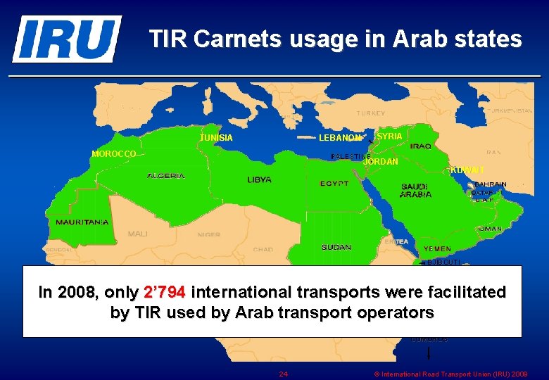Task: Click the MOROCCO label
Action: pos(114,154)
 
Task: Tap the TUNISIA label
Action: pos(216,138)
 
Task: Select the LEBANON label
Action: pos(340,138)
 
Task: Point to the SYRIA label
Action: pos(390,136)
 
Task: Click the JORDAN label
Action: pos(381,162)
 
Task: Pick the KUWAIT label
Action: pos(467,170)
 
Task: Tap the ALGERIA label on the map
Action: pos(166,176)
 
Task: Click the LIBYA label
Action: pos(259,180)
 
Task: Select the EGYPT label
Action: pos(334,184)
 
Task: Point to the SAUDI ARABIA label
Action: pos(416,191)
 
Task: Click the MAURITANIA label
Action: pos(82,222)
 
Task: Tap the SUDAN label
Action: pos(336,247)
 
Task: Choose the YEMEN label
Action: pos(437,249)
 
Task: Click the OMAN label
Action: pos(490,229)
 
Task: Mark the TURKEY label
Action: pos(371,113)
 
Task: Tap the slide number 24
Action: pos(284,374)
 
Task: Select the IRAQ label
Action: pos(421,146)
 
